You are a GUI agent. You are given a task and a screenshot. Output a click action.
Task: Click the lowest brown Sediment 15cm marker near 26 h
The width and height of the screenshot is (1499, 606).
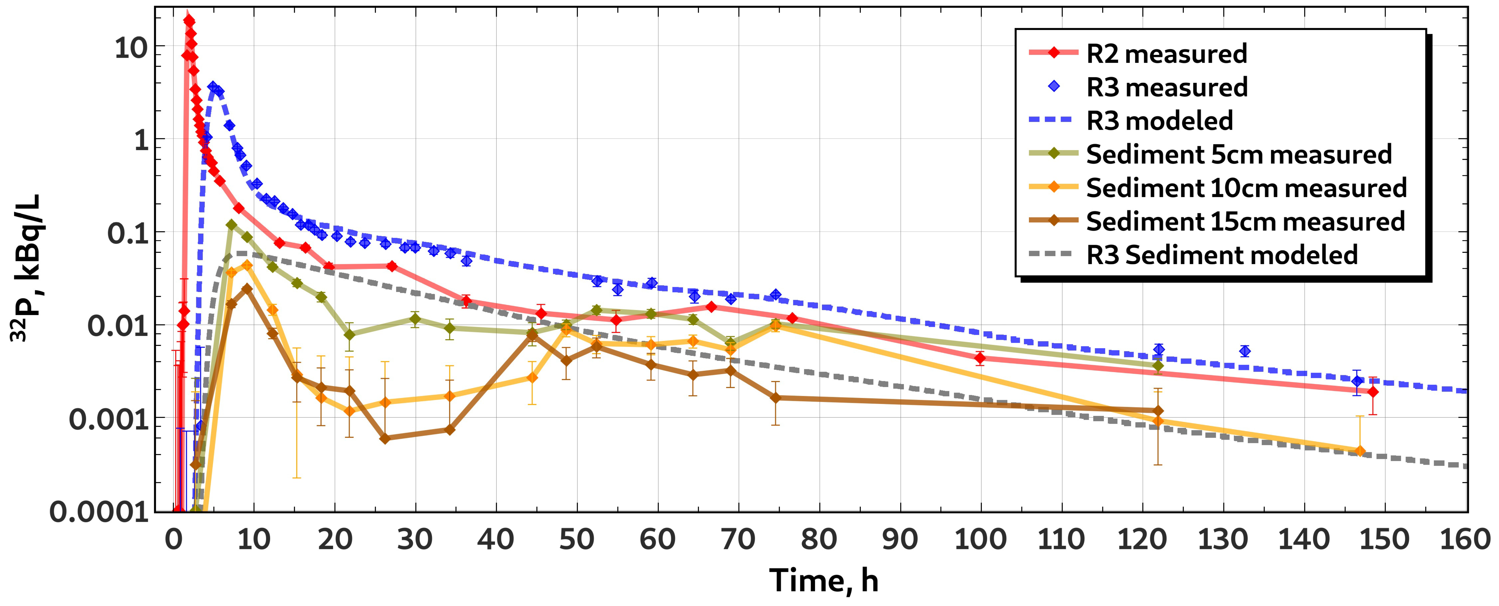point(385,438)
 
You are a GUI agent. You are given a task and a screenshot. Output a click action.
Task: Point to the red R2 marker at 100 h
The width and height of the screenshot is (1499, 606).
point(980,357)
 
